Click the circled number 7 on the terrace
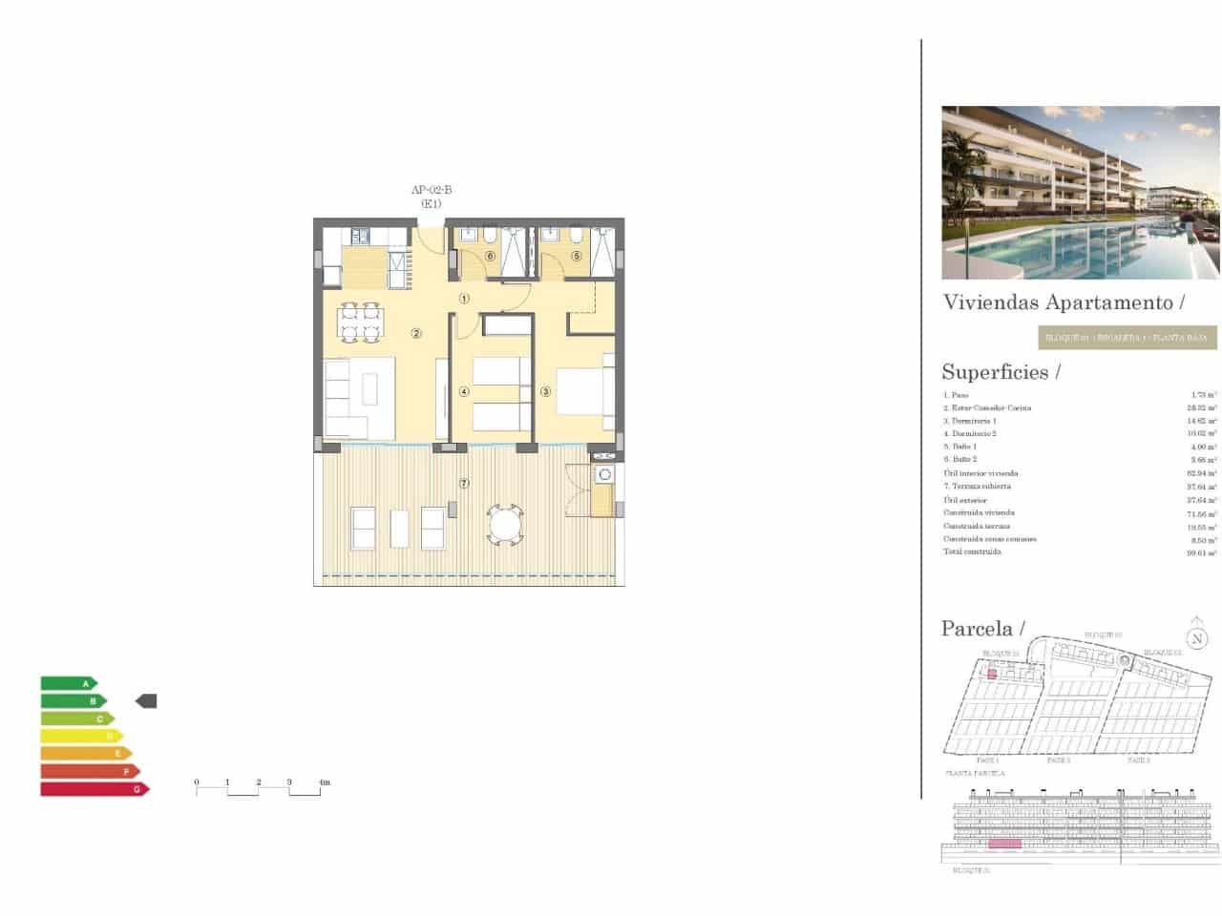[x=464, y=483]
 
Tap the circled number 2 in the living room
[x=416, y=333]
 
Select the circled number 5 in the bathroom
[x=577, y=256]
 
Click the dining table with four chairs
[x=361, y=322]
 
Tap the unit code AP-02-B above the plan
[x=432, y=190]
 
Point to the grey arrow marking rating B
[x=146, y=701]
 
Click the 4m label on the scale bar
[x=324, y=782]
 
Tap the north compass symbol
[x=1196, y=638]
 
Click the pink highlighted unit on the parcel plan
[x=992, y=674]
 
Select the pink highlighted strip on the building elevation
[x=1003, y=843]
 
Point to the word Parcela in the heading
[x=977, y=628]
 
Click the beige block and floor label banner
[x=1127, y=337]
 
